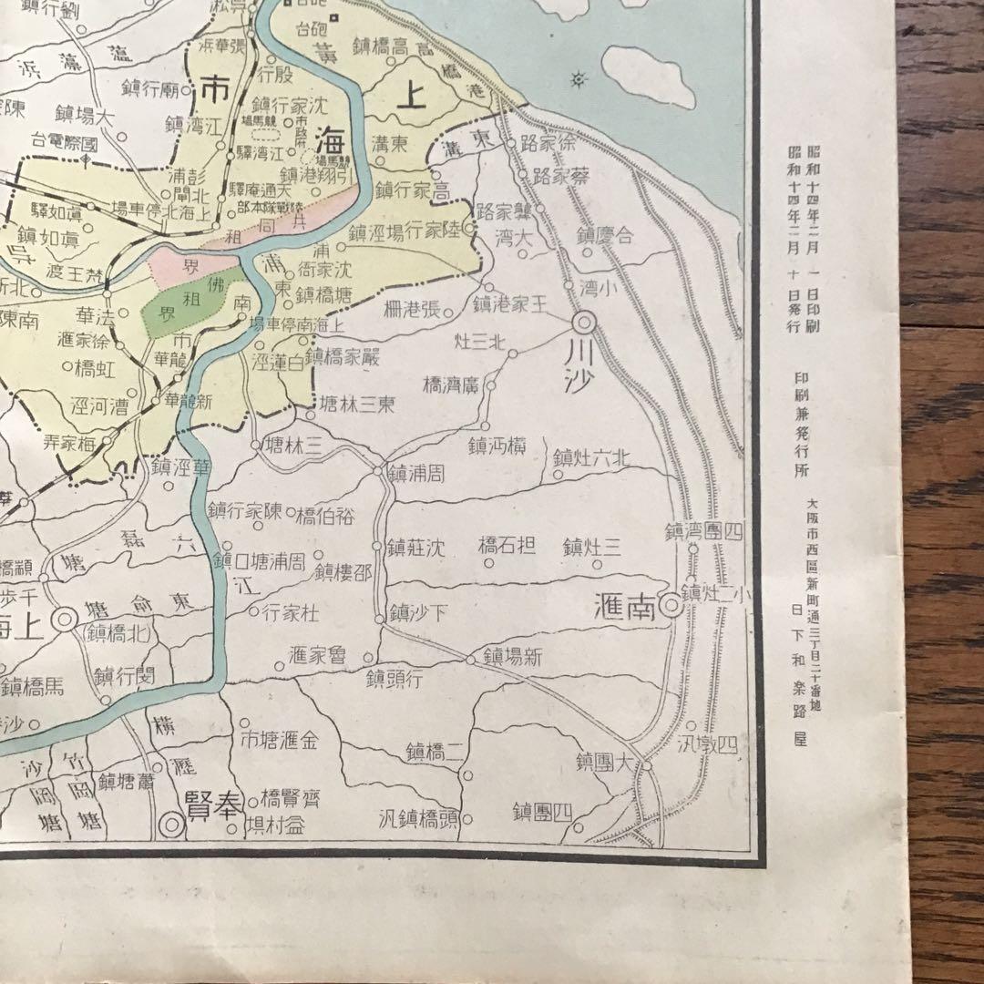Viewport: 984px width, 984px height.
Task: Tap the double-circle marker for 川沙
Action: point(584,323)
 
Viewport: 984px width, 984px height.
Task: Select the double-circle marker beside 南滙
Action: point(671,604)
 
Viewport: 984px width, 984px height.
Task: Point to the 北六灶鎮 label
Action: point(591,458)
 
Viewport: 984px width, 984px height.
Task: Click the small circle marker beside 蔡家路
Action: point(522,173)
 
